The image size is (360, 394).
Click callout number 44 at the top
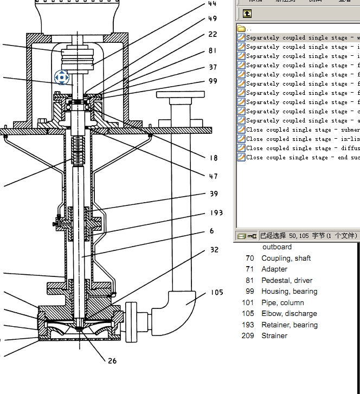coord(212,3)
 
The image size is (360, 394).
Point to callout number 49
coord(213,19)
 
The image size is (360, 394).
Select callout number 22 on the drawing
coord(213,35)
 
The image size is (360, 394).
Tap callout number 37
coord(213,67)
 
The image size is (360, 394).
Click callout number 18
coord(213,158)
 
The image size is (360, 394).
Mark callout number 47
coord(213,176)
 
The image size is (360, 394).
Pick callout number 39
coord(214,194)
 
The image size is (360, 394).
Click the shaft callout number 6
coord(211,231)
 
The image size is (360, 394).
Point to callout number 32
coord(214,250)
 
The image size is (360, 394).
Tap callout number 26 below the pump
coord(112,361)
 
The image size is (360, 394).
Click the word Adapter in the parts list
coord(274,269)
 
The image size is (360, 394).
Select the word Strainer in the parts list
coord(274,335)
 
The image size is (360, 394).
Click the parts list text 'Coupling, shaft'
coord(286,259)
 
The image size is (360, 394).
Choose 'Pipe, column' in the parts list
coord(282,302)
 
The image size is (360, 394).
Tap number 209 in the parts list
coord(248,335)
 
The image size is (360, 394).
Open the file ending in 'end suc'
coord(303,158)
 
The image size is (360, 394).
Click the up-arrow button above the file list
coord(247,14)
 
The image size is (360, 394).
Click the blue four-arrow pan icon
coord(61,77)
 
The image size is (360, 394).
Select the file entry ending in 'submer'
coord(303,130)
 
